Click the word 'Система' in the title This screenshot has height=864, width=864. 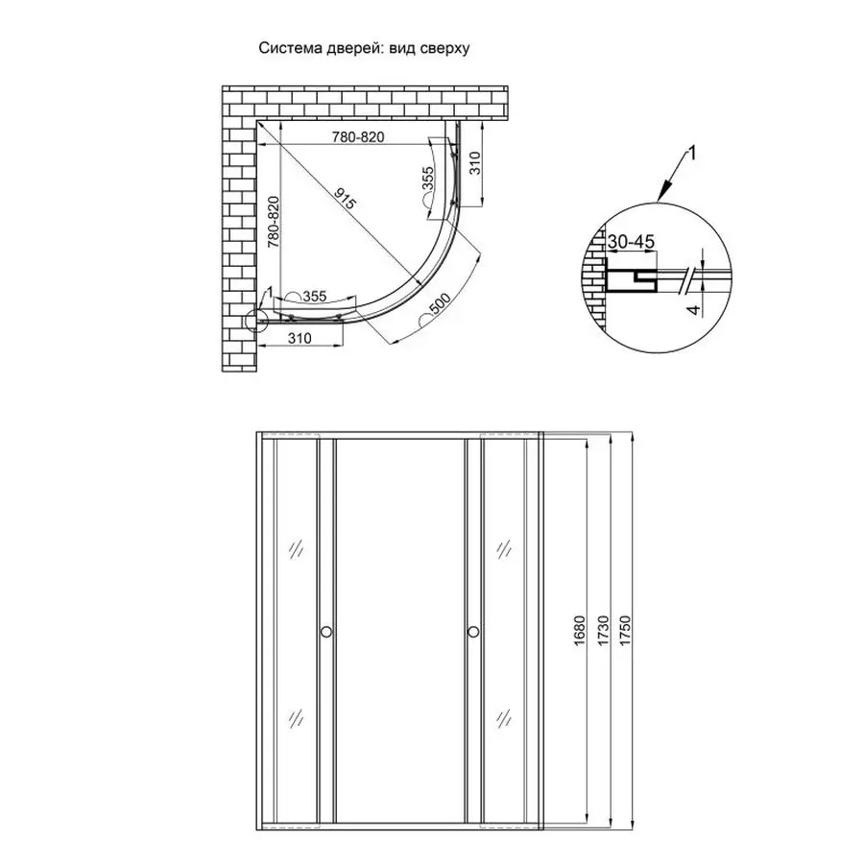tap(287, 47)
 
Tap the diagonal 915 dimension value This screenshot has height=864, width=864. tap(347, 202)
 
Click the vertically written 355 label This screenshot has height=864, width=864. tap(429, 180)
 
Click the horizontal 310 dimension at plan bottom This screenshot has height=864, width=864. tap(300, 338)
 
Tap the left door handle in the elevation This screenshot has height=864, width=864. tap(326, 632)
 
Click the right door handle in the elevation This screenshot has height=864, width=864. tap(473, 632)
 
